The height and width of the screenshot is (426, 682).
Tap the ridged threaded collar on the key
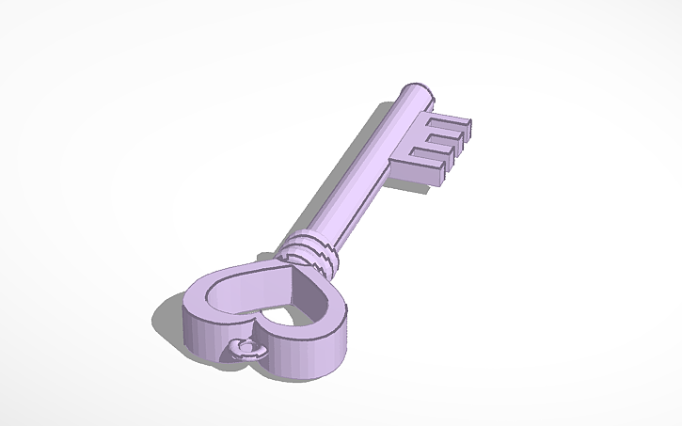tap(307, 252)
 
